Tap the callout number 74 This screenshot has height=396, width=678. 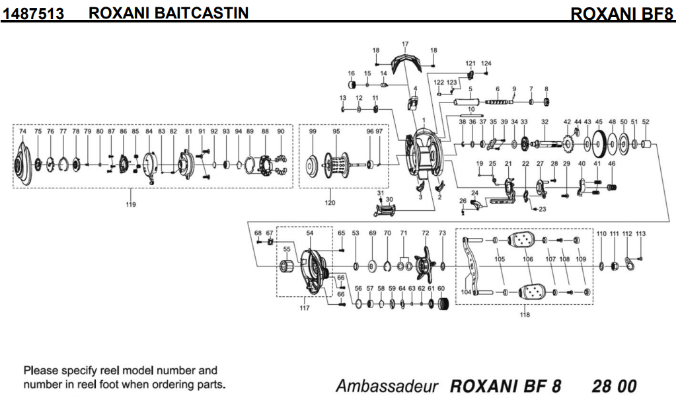tap(22, 132)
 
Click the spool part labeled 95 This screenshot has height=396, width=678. tap(337, 164)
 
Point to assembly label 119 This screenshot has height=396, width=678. tap(131, 204)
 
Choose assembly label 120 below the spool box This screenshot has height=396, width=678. tap(330, 203)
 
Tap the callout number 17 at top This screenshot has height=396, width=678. tap(405, 44)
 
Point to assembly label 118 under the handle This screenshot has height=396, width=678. tap(525, 315)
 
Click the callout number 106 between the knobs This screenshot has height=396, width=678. tap(527, 260)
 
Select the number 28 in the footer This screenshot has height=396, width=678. tap(601, 385)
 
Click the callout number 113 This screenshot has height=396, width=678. tap(640, 234)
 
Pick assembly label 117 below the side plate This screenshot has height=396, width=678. tap(304, 308)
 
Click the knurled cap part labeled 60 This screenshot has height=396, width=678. tap(443, 303)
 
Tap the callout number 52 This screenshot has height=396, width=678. tap(646, 122)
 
